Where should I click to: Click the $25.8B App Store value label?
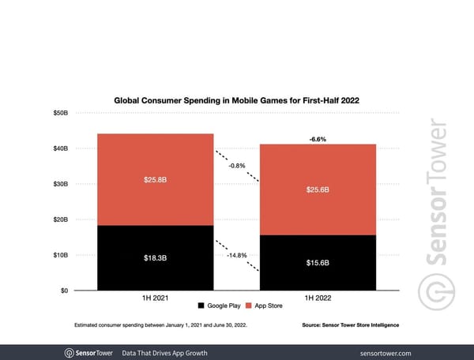click(155, 180)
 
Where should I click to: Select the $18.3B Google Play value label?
click(155, 257)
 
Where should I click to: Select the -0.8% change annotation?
click(236, 167)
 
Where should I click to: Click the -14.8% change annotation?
click(236, 256)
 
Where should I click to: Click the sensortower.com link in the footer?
click(407, 352)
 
